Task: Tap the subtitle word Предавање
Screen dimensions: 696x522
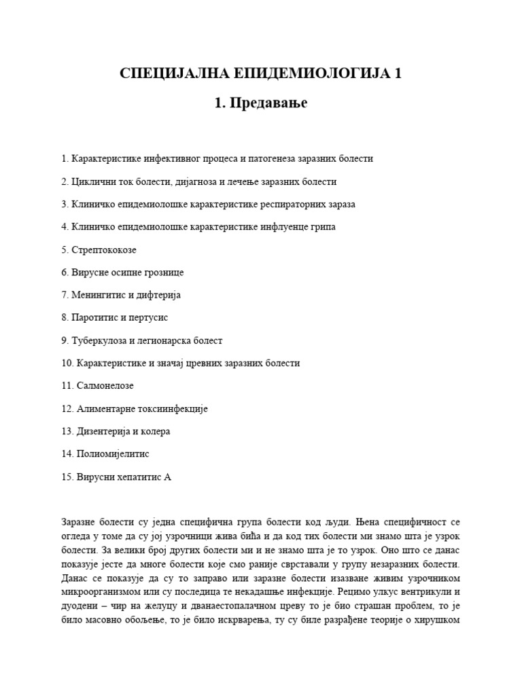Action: [270, 103]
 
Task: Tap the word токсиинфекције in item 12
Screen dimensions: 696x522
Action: [173, 408]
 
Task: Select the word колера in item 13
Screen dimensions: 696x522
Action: [155, 432]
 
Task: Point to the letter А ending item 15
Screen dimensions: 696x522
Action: [168, 477]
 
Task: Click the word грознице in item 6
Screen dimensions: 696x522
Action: [163, 273]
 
